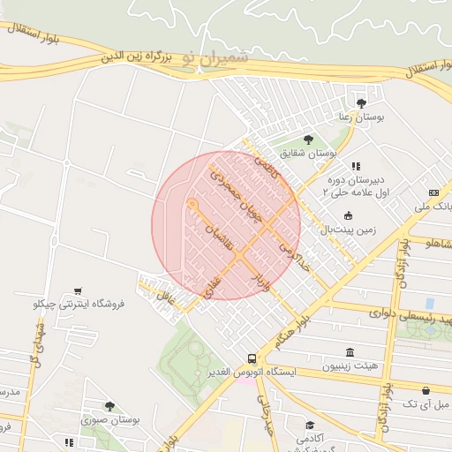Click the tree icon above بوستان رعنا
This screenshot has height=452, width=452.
pyautogui.click(x=362, y=102)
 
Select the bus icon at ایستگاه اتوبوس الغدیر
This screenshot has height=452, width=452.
pyautogui.click(x=252, y=358)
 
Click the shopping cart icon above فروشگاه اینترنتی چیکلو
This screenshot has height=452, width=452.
pyautogui.click(x=79, y=290)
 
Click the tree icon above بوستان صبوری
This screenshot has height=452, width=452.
pyautogui.click(x=109, y=406)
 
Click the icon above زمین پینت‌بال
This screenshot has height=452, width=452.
pyautogui.click(x=348, y=215)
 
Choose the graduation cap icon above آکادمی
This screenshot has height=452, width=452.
pyautogui.click(x=309, y=425)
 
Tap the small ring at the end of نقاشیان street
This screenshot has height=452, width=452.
pyautogui.click(x=192, y=204)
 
